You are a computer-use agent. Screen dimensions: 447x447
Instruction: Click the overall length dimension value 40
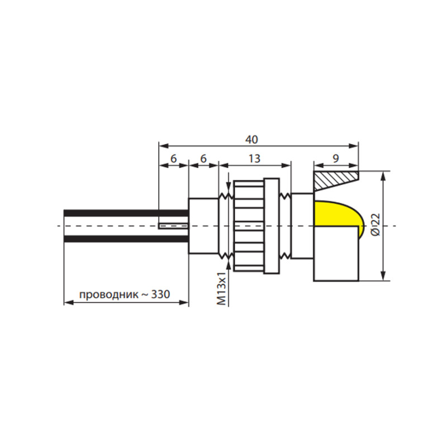(x=251, y=139)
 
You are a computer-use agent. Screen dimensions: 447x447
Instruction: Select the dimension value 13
(x=254, y=158)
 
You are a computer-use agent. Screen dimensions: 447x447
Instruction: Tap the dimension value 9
(x=336, y=158)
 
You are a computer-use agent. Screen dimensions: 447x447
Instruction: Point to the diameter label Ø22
(x=376, y=225)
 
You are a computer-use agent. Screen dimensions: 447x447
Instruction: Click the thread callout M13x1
(x=221, y=288)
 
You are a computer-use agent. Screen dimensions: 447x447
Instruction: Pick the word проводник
(x=108, y=294)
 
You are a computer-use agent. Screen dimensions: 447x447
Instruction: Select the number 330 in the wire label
(x=160, y=294)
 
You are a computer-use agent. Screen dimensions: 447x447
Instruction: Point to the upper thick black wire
(x=126, y=213)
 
